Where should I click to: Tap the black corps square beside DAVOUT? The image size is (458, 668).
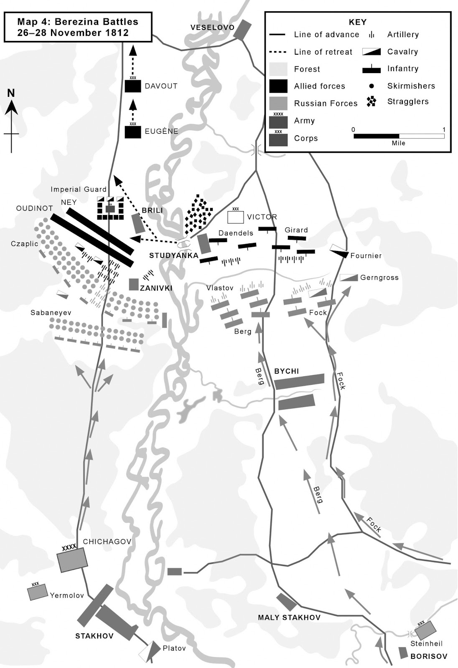pos(133,86)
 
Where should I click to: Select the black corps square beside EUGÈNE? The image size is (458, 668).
pos(133,132)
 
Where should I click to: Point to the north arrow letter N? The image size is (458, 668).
pos(11,93)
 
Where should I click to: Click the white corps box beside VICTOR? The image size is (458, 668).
pos(235,217)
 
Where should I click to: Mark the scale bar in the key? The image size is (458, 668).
pos(399,136)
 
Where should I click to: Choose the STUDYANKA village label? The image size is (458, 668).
pos(173,256)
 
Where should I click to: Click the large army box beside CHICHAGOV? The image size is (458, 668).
pos(73,559)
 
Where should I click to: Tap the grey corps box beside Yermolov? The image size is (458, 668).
pos(38,592)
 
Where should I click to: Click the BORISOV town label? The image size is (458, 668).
pos(429,656)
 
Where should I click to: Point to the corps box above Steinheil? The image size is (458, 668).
pos(425,630)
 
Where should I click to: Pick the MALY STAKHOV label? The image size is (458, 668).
pos(289,617)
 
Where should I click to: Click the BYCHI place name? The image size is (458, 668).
pos(287,371)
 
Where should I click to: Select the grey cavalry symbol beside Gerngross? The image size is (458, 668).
pos(349,278)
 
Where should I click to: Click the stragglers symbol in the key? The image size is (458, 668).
pos(371,101)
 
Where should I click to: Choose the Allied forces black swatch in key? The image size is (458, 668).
pos(278,86)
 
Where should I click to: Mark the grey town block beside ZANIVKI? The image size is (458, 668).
pos(134,284)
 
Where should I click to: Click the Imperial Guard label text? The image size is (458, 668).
pos(79,189)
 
